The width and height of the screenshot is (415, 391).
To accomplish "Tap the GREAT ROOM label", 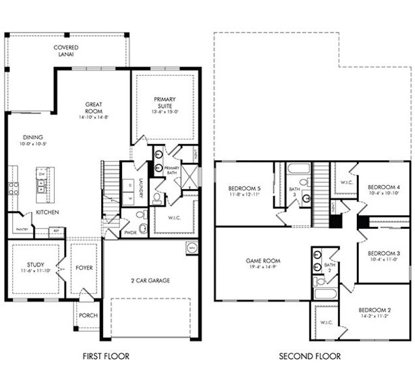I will pyautogui.click(x=95, y=108).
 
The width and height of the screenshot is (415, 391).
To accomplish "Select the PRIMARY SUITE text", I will pyautogui.click(x=164, y=103).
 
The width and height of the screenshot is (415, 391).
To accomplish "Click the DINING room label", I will pyautogui.click(x=33, y=138).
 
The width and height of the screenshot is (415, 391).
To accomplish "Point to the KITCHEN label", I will pyautogui.click(x=48, y=212).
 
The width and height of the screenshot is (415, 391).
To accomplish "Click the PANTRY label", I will pyautogui.click(x=21, y=229).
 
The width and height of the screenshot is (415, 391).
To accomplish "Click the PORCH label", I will pyautogui.click(x=88, y=315).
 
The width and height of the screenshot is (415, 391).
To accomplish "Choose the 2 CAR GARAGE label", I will pyautogui.click(x=149, y=280).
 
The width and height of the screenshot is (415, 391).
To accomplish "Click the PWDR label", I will pyautogui.click(x=131, y=231).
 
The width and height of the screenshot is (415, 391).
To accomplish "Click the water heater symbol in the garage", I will pyautogui.click(x=191, y=247).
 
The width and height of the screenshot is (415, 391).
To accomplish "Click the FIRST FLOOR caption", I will pyautogui.click(x=106, y=356).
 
